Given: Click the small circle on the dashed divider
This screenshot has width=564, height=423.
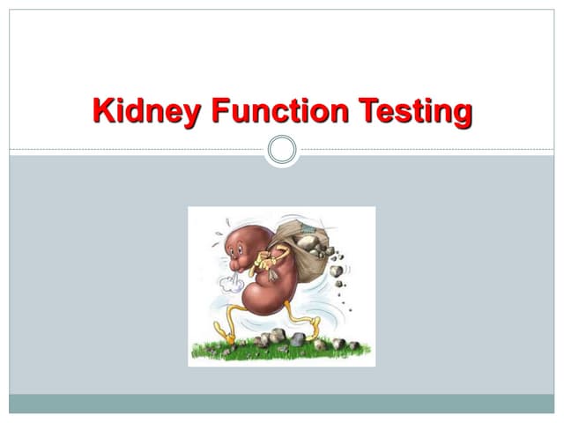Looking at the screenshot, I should [282, 150].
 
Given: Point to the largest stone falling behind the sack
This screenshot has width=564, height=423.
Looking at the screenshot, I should [337, 271].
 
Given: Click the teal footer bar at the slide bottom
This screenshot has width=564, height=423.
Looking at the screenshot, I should [282, 403].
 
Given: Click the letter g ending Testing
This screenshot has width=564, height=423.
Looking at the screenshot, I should [460, 115].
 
